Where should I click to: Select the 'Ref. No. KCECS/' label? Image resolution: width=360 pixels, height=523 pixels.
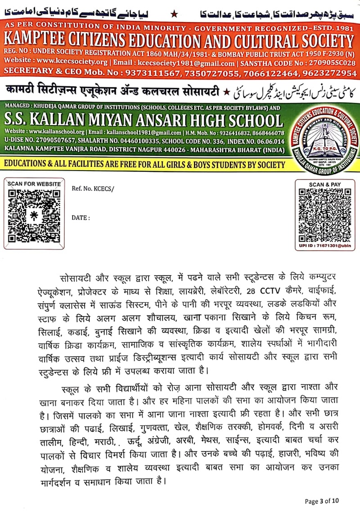[x=93, y=188]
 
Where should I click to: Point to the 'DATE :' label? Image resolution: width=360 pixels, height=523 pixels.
[x=81, y=217]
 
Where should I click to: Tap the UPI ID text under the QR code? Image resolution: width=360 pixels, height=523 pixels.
[x=324, y=246]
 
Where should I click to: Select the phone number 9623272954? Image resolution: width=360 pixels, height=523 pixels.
[x=330, y=73]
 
